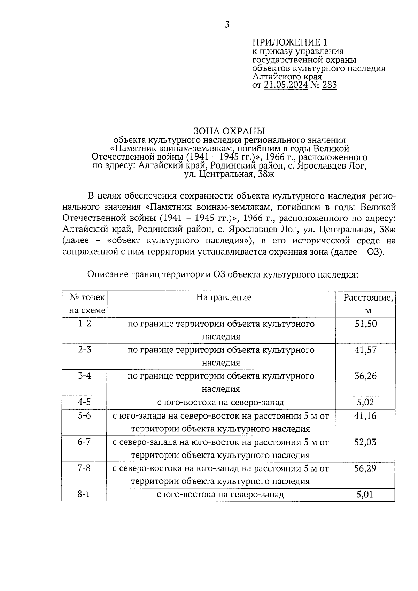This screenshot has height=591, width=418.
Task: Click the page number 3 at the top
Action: (227, 24)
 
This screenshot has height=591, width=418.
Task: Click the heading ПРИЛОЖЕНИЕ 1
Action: (290, 42)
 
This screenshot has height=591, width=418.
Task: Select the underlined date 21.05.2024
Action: (286, 85)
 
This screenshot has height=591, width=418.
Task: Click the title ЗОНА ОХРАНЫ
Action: (229, 131)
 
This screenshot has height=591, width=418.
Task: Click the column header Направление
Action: (224, 297)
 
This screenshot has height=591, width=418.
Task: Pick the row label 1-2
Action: (84, 323)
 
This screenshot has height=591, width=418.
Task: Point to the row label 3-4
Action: (84, 376)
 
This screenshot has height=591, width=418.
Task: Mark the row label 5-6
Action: (84, 415)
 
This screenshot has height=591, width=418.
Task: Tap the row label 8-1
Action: (84, 494)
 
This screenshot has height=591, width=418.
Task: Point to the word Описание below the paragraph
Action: (107, 275)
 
